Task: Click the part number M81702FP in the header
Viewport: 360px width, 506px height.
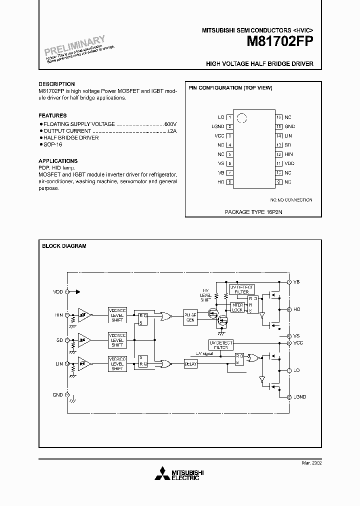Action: (280, 43)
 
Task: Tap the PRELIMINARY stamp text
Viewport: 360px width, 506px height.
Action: (75, 45)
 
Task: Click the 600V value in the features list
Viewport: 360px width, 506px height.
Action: (171, 123)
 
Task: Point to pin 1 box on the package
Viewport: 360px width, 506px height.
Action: (229, 117)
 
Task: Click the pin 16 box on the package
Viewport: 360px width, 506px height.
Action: (279, 117)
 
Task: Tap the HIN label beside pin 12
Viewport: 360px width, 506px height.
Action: (288, 154)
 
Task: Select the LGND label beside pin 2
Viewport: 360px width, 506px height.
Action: (218, 126)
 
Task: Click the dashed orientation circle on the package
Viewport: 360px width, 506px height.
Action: (241, 118)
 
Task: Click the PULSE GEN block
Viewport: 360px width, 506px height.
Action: (190, 317)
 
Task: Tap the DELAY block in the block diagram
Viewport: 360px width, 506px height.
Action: (190, 364)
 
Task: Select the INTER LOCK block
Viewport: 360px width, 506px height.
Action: (237, 307)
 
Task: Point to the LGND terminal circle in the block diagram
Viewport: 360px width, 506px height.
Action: (289, 396)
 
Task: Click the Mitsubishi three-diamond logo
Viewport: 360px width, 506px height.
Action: (162, 474)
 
